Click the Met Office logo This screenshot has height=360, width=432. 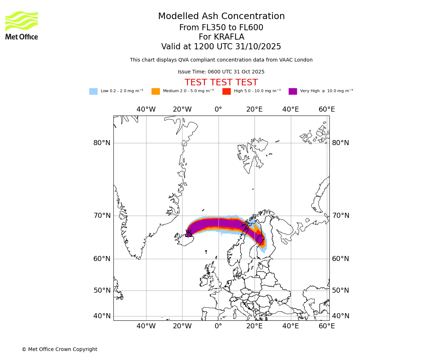(22, 25)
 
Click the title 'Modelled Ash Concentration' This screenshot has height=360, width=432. (221, 17)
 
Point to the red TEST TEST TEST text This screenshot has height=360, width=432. (221, 82)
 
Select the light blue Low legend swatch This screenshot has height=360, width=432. (93, 91)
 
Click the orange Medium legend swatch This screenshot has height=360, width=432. (156, 91)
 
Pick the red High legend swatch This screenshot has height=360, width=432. (226, 91)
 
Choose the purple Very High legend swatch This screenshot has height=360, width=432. (293, 91)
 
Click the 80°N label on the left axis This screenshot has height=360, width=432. (102, 143)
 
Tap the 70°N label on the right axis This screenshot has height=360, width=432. (341, 216)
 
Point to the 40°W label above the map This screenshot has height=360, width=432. (146, 109)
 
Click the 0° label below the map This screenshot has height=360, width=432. (219, 326)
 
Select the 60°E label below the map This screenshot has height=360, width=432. (327, 326)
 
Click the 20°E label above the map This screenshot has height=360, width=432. (255, 109)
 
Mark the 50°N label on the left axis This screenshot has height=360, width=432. (102, 291)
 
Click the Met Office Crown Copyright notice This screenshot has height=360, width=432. (59, 349)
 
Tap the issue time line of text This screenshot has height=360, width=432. (221, 72)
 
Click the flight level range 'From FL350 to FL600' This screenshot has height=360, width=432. (221, 28)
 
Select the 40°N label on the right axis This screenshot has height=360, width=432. (341, 316)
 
